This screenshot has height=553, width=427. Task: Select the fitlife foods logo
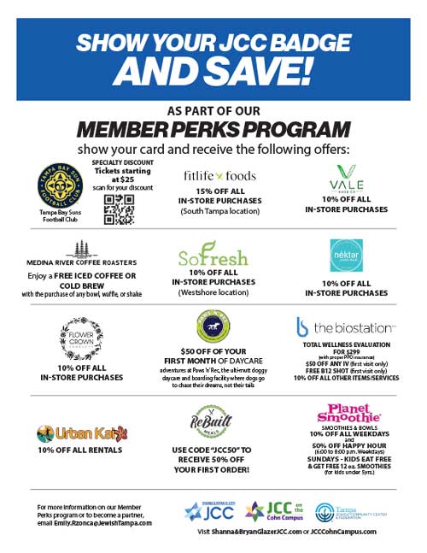[x=220, y=176]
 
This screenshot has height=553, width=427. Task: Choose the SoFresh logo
[x=213, y=256]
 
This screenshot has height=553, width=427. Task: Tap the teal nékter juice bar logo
[x=347, y=255]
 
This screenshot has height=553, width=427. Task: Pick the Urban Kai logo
[x=79, y=433]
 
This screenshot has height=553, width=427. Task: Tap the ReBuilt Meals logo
[x=213, y=422]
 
